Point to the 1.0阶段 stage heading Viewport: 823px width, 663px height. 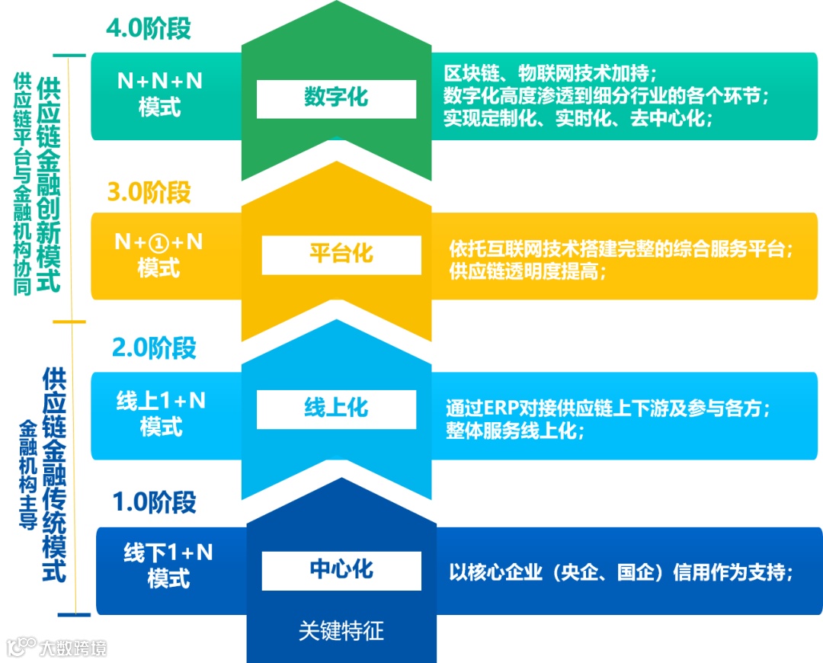point(154,503)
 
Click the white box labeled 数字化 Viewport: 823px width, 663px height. point(336,98)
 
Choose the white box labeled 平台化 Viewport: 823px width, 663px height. point(341,255)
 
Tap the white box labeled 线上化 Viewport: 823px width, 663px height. point(336,409)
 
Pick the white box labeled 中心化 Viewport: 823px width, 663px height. point(341,570)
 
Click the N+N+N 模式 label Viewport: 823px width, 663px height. point(160,94)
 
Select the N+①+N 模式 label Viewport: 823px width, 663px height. point(159,255)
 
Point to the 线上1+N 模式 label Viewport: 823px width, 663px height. point(161,414)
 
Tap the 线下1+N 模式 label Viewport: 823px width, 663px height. point(168,566)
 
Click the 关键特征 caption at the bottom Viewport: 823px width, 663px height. point(341,631)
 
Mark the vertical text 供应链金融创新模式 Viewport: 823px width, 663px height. point(50,184)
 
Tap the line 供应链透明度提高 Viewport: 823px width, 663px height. point(525,272)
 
